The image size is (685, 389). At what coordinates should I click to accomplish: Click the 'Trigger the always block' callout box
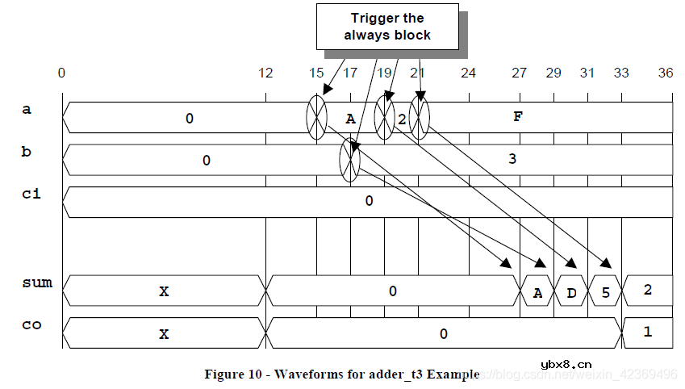tap(386, 27)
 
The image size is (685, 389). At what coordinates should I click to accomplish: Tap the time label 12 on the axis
tap(265, 73)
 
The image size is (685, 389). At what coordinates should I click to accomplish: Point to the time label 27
tap(520, 73)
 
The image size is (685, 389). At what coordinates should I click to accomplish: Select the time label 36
tap(666, 73)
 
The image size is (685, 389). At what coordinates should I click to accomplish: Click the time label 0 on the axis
tap(62, 73)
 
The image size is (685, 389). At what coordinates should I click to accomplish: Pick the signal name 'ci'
tap(31, 195)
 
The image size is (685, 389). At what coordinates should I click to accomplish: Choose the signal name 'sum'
tap(37, 282)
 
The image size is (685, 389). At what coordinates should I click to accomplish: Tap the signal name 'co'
tap(31, 325)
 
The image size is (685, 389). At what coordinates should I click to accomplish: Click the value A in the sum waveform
tap(537, 293)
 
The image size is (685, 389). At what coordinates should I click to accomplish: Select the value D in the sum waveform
tap(571, 293)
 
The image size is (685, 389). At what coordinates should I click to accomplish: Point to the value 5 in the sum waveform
tap(605, 293)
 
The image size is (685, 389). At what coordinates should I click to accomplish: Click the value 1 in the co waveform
tap(647, 333)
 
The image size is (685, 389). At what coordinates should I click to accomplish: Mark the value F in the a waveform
tap(518, 116)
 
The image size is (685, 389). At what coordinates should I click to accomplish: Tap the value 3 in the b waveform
tap(512, 159)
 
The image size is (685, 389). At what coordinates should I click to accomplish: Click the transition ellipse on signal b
tap(350, 160)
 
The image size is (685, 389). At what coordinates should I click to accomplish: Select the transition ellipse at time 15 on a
tap(316, 118)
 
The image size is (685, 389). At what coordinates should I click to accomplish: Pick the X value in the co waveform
tap(164, 333)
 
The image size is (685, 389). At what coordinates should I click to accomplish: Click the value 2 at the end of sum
tap(647, 290)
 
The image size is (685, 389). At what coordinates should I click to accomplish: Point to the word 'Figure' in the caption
tap(224, 374)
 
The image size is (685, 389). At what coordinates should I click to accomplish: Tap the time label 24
tap(468, 73)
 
